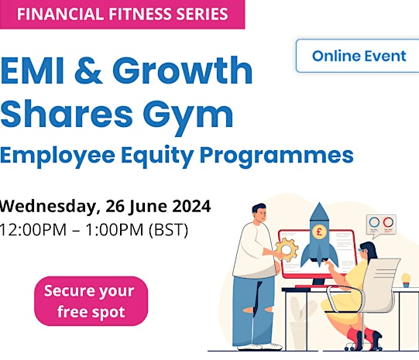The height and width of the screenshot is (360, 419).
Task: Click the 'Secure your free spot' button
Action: [x=91, y=301]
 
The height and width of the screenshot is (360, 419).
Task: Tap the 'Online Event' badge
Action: [x=358, y=56]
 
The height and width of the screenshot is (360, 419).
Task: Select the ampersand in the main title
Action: [x=88, y=70]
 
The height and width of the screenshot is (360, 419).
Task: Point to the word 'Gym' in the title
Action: [x=188, y=115]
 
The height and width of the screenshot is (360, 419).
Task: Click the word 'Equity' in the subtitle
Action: [x=157, y=156]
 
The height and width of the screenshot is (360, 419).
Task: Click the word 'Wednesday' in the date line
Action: [x=48, y=207]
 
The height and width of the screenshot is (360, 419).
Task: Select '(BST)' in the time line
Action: [x=168, y=230]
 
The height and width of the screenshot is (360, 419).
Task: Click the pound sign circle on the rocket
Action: [x=319, y=231]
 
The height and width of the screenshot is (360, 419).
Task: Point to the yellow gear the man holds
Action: [x=287, y=249]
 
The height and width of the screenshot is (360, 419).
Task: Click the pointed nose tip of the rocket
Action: [x=319, y=203]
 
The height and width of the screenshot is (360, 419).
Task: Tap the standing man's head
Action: [x=259, y=212]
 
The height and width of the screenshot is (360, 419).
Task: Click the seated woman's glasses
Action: [x=361, y=251]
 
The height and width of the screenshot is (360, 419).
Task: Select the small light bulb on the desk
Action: [x=406, y=280]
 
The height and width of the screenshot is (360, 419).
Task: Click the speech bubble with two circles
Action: [x=381, y=225]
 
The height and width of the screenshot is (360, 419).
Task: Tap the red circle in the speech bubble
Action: [x=388, y=222]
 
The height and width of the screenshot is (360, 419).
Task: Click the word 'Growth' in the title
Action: [x=183, y=70]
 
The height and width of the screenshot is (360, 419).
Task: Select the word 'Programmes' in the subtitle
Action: [x=276, y=156]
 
